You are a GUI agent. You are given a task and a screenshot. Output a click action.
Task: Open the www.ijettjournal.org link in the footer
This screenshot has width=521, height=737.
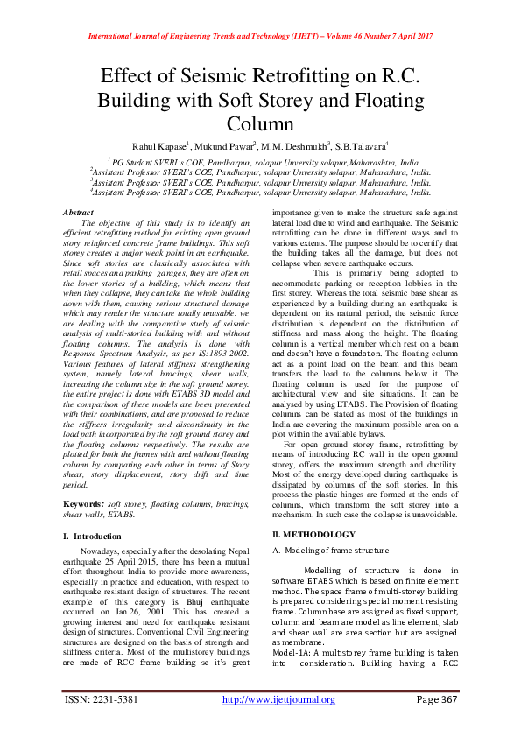pyautogui.click(x=278, y=699)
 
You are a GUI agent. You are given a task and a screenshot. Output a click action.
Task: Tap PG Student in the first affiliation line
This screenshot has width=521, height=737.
pyautogui.click(x=134, y=163)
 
